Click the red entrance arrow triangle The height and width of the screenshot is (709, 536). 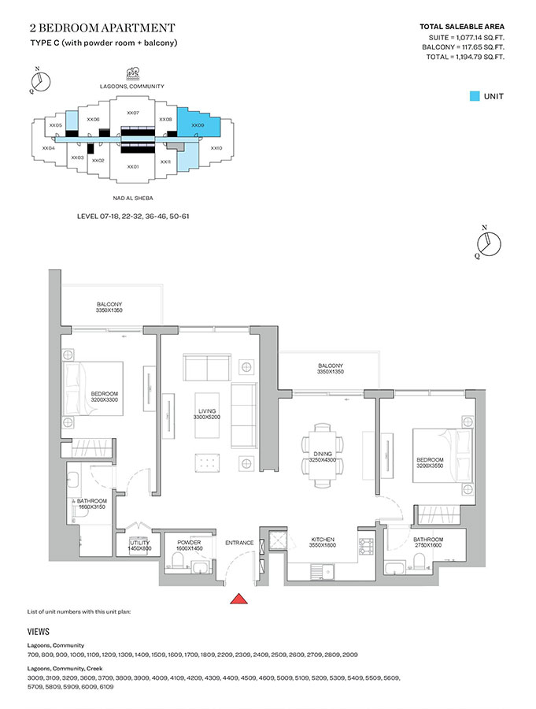tap(239, 600)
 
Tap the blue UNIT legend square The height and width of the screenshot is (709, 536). tap(475, 96)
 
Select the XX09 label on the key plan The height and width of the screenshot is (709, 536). tap(198, 125)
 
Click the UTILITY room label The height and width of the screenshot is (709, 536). tap(134, 542)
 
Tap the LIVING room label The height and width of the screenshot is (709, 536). tap(207, 410)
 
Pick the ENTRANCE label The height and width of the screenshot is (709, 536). tap(238, 543)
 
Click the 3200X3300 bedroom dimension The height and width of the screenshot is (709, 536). tap(105, 400)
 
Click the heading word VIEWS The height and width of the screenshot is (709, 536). tap(39, 632)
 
